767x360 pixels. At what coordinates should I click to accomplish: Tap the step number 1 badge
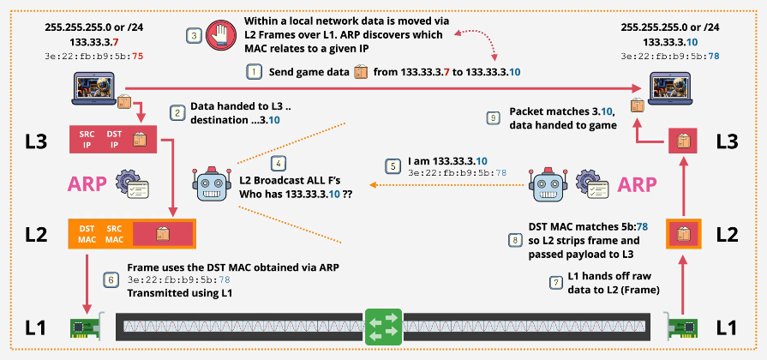click(254, 73)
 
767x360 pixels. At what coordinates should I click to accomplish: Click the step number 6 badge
click(110, 278)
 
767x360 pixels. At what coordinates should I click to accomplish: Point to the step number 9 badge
click(493, 117)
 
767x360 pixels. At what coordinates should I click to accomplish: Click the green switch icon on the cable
click(383, 327)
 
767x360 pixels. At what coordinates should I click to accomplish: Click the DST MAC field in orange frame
click(86, 234)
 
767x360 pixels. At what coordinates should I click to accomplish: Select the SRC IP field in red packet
click(86, 139)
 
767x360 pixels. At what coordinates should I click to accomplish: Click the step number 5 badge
click(392, 165)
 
